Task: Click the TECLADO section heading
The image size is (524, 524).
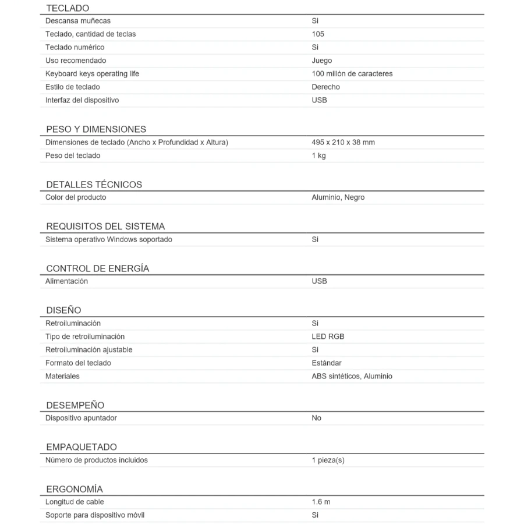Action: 68,8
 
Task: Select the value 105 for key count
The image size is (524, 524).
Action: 318,34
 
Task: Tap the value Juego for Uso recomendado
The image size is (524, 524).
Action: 321,61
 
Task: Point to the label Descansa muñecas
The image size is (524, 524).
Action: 78,21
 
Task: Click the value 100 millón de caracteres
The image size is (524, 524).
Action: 352,74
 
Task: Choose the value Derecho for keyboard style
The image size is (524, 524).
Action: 325,87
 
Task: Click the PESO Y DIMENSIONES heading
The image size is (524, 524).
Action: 96,129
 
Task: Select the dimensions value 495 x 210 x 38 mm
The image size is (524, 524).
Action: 343,142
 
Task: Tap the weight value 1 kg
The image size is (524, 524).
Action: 318,155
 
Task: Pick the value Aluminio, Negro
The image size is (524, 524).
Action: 338,197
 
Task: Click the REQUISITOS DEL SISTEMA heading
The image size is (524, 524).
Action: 105,226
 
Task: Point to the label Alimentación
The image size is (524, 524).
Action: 66,281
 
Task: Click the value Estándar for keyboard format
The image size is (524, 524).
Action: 326,363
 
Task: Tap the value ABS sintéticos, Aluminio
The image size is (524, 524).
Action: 352,376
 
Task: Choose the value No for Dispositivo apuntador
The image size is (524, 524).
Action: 316,418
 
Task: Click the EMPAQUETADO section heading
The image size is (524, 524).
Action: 82,447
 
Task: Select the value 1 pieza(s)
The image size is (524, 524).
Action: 328,460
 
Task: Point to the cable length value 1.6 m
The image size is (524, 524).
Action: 321,502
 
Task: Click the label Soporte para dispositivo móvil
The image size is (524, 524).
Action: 95,515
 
